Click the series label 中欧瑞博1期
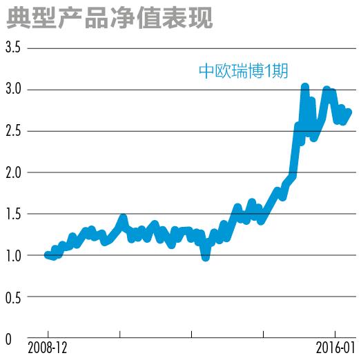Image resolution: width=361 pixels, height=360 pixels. pos(244,70)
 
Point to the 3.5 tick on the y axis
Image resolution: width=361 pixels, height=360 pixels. pos(14,48)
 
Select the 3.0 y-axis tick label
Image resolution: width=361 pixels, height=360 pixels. pos(14,90)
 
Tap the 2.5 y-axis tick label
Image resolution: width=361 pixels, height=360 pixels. pos(14,131)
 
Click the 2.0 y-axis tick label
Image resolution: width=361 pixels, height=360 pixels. pos(14,172)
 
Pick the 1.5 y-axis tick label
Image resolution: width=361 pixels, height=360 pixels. pos(14,214)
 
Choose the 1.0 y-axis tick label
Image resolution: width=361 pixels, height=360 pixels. pos(14,256)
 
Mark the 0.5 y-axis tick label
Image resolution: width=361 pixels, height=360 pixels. pos(14,297)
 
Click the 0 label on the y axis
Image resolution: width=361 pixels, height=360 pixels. pos(8,339)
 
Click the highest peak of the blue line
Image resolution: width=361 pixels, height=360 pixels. pos(304,87)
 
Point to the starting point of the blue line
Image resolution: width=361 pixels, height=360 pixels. pos(47,255)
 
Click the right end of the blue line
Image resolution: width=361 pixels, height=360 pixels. pos(349,112)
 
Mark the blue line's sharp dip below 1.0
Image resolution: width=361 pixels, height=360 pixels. pos(205,257)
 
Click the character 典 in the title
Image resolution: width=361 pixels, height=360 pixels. pos(17,17)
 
